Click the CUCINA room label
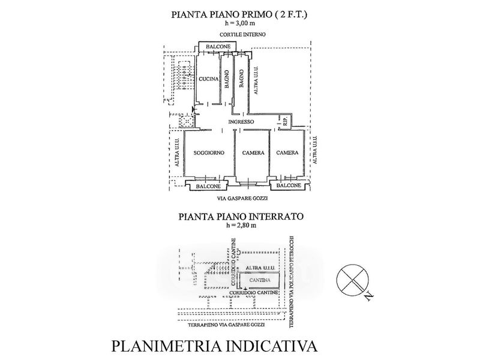pyautogui.click(x=208, y=79)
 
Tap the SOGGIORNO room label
pyautogui.click(x=209, y=153)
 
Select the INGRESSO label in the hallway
pyautogui.click(x=241, y=122)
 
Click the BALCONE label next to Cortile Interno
pyautogui.click(x=218, y=47)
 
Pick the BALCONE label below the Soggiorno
pyautogui.click(x=208, y=186)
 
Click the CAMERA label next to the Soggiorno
pyautogui.click(x=253, y=153)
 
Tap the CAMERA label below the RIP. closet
pyautogui.click(x=287, y=152)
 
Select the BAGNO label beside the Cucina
pyautogui.click(x=227, y=79)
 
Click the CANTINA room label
pyautogui.click(x=260, y=280)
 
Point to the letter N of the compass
pyautogui.click(x=370, y=296)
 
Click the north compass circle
pyautogui.click(x=353, y=264)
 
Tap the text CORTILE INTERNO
pyautogui.click(x=242, y=35)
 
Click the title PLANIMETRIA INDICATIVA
pyautogui.click(x=214, y=346)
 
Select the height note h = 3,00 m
pyautogui.click(x=240, y=23)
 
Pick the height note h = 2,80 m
pyautogui.click(x=241, y=226)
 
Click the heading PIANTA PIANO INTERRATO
pyautogui.click(x=241, y=217)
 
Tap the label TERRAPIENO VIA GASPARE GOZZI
pyautogui.click(x=226, y=325)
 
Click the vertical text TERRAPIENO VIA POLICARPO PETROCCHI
pyautogui.click(x=292, y=281)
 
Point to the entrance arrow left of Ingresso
pyautogui.click(x=193, y=109)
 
